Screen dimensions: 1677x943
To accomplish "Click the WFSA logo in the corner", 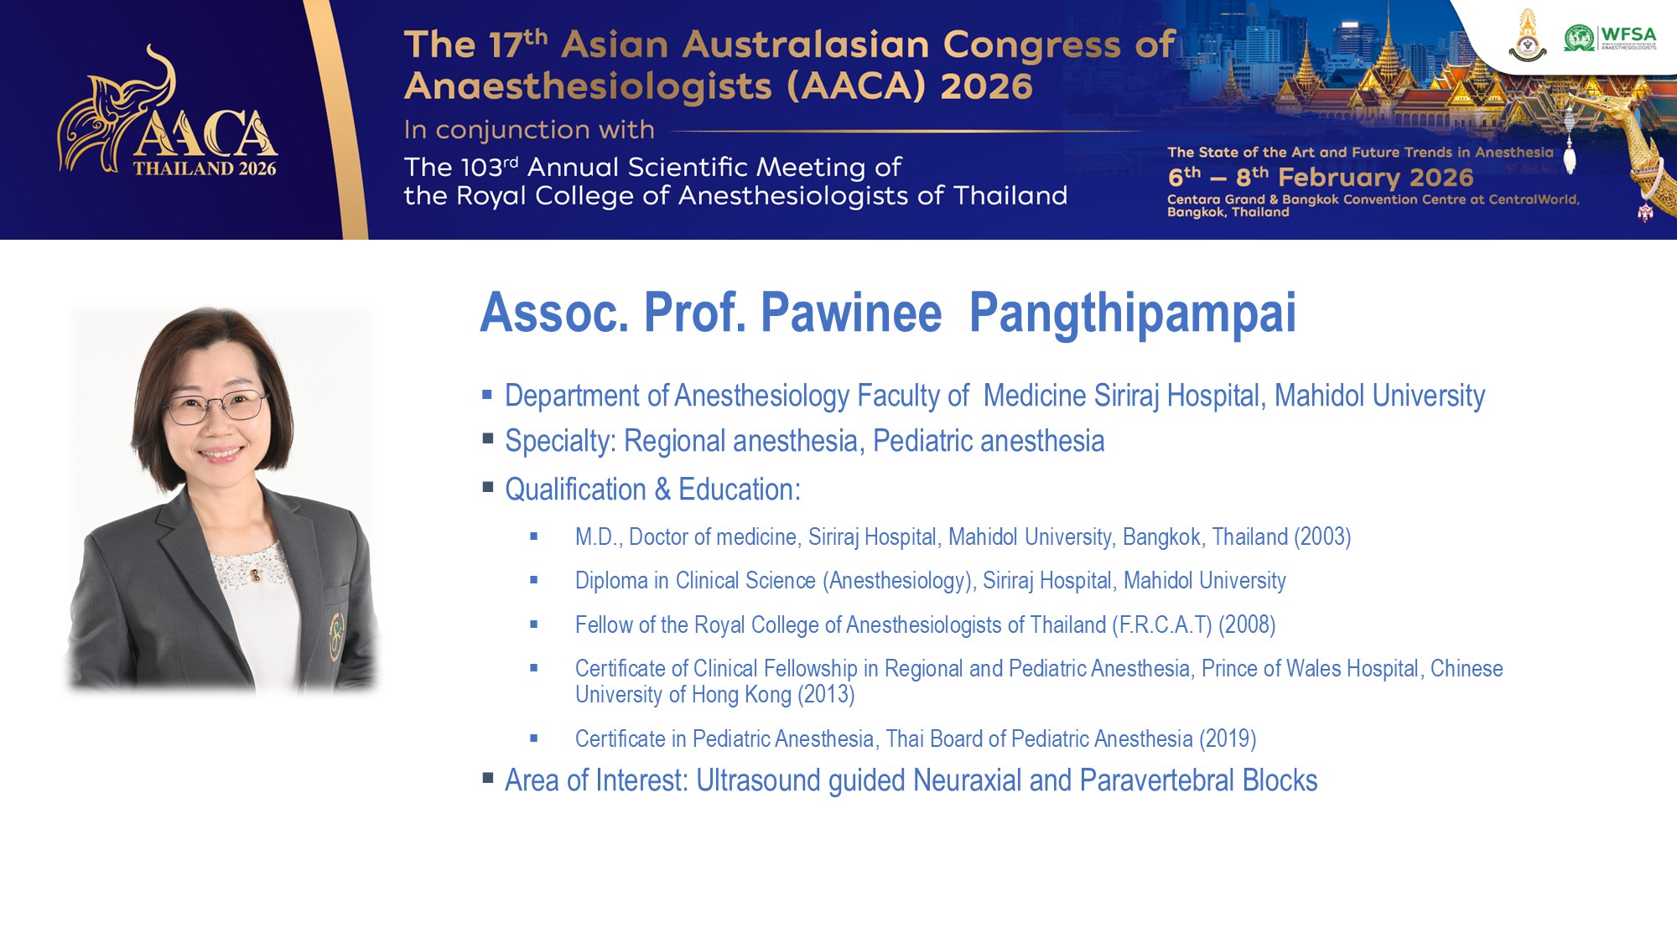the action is pyautogui.click(x=1610, y=38).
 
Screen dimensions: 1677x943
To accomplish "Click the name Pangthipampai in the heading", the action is pyautogui.click(x=1133, y=313).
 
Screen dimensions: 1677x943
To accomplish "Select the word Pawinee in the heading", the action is pyautogui.click(x=851, y=313).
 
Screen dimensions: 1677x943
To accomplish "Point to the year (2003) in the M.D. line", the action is pyautogui.click(x=1322, y=537).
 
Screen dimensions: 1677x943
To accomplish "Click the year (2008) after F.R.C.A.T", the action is pyautogui.click(x=1247, y=625).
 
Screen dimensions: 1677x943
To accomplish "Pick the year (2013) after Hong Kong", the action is pyautogui.click(x=826, y=695).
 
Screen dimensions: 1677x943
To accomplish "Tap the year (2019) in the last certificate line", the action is pyautogui.click(x=1228, y=739).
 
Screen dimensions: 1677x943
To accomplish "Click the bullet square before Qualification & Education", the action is pyautogui.click(x=488, y=486).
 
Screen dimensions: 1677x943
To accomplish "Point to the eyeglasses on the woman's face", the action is pyautogui.click(x=215, y=408).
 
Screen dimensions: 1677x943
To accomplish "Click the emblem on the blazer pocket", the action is pyautogui.click(x=337, y=636).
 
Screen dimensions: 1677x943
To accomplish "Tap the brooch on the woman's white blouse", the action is pyautogui.click(x=255, y=575).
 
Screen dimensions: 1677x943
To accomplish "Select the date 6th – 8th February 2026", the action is pyautogui.click(x=1321, y=177).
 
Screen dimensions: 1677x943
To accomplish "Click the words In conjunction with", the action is pyautogui.click(x=529, y=130).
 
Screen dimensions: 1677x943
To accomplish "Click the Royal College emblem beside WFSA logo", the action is pyautogui.click(x=1528, y=36).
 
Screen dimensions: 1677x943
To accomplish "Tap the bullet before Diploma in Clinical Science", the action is pyautogui.click(x=533, y=580).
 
